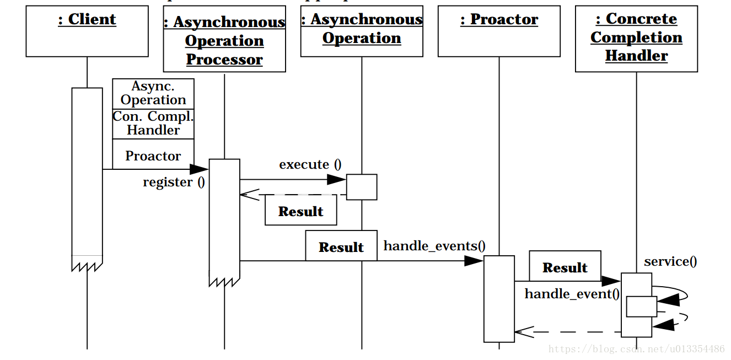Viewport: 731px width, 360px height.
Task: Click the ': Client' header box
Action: (87, 31)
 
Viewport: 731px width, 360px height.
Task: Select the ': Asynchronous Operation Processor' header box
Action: (224, 39)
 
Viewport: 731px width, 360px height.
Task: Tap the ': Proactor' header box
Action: (499, 31)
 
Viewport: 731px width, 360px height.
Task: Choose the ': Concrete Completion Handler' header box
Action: (636, 39)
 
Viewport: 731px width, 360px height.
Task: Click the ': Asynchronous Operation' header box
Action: (362, 31)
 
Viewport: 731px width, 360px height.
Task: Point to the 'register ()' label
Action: (174, 182)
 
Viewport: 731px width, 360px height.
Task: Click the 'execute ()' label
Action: (310, 164)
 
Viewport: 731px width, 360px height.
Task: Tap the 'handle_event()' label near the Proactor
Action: (572, 294)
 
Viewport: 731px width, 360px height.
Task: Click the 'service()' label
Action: (670, 261)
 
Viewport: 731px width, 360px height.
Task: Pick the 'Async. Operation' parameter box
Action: (153, 94)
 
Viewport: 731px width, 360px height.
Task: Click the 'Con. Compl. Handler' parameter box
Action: (153, 124)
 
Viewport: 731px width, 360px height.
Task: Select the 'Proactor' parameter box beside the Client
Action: (153, 154)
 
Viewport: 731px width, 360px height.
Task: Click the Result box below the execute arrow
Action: (301, 212)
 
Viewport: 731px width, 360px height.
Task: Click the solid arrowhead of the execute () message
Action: (336, 179)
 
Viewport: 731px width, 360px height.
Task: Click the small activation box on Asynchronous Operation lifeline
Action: (362, 187)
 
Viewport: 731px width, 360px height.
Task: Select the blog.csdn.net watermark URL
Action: (637, 349)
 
